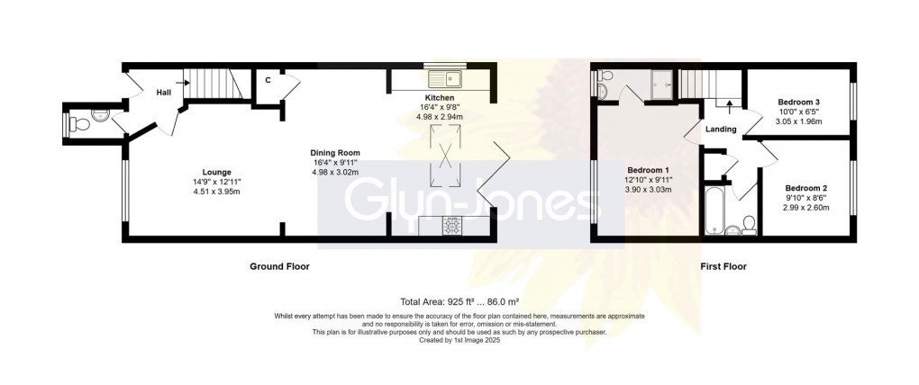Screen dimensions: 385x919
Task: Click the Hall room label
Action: coord(164,92)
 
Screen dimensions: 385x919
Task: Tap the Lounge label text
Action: coord(217,172)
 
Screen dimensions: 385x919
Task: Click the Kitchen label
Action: coord(440,97)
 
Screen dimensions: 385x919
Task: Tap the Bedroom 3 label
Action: coord(797,103)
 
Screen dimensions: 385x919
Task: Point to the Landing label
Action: coord(721,130)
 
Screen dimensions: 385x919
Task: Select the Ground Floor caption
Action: coord(283,266)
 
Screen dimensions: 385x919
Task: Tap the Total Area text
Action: coord(459,302)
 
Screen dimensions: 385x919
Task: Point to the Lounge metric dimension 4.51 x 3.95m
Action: coord(217,192)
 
